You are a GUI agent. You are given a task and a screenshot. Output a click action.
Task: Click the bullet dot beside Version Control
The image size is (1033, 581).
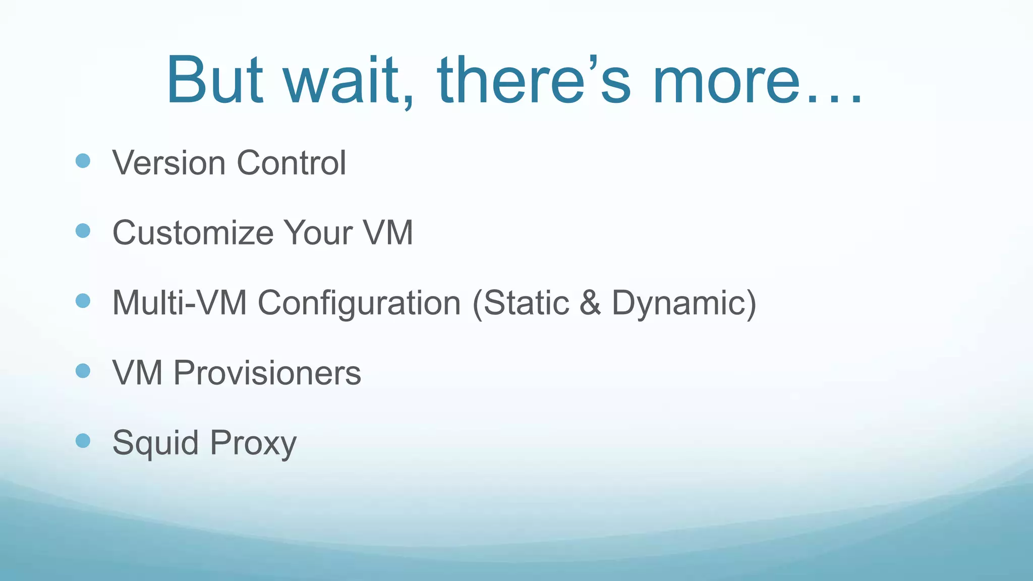tap(83, 161)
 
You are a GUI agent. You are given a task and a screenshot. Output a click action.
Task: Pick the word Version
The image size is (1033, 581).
tap(169, 163)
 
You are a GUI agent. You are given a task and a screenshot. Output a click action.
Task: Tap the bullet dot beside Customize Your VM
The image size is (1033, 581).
tap(83, 231)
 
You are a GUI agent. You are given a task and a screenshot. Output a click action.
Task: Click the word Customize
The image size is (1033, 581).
tap(193, 233)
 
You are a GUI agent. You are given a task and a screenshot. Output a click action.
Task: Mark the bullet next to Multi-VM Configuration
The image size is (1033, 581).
tap(83, 301)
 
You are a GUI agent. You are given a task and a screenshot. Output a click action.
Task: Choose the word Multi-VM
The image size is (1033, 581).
tap(180, 303)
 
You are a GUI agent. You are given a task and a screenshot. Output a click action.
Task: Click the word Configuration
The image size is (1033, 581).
tap(359, 303)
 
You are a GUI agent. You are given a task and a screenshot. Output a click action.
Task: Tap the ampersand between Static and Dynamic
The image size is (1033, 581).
tap(590, 303)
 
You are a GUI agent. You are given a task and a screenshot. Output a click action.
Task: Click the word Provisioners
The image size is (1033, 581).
tap(267, 373)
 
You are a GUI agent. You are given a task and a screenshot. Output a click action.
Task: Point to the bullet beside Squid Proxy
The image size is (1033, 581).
tap(83, 441)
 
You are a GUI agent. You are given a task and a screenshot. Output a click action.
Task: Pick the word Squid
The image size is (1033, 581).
tap(155, 443)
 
